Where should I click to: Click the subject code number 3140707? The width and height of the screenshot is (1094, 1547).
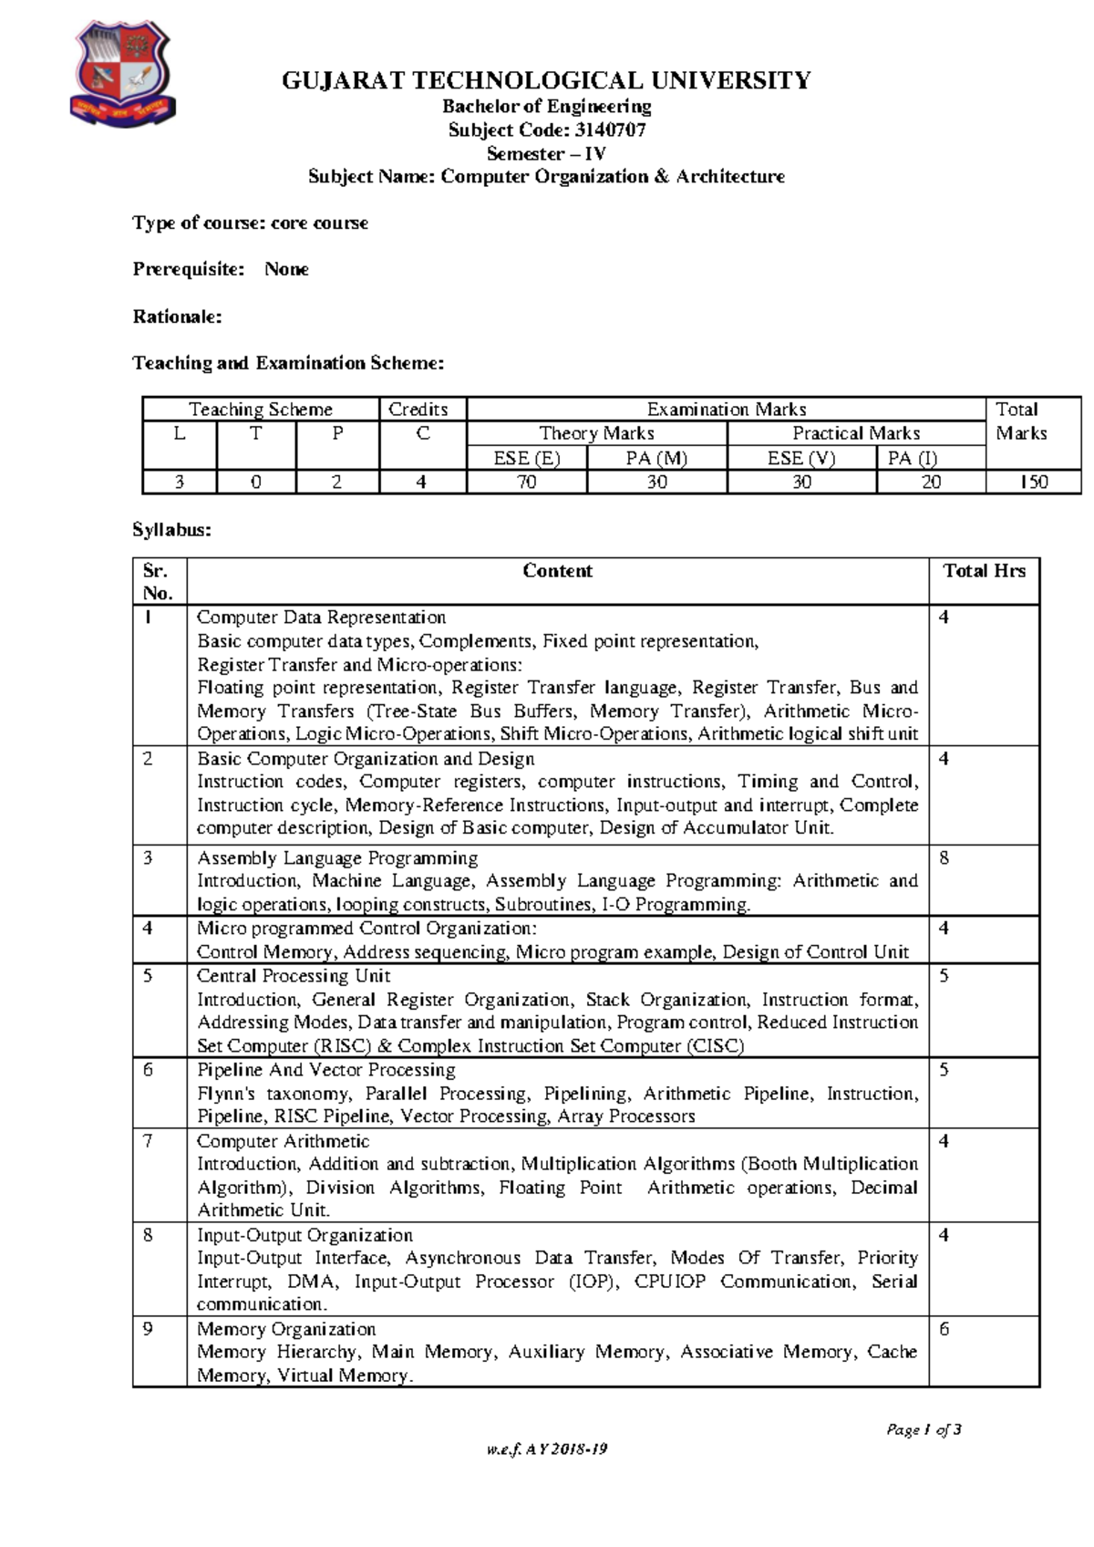(611, 130)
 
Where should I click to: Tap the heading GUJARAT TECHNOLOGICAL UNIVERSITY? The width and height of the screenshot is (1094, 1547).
(546, 81)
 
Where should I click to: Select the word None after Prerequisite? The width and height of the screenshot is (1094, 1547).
(286, 269)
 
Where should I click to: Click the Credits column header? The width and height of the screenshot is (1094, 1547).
(418, 410)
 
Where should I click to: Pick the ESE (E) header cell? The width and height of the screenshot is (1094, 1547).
(526, 458)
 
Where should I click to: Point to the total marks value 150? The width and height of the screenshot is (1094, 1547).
(1034, 482)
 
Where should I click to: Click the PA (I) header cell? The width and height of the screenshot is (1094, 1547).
(913, 458)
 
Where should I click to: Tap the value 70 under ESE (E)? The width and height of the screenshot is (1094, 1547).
(527, 482)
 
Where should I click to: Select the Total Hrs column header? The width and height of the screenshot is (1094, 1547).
(984, 571)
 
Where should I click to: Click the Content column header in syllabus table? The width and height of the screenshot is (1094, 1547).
(557, 571)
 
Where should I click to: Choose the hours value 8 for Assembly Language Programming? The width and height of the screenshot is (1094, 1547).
(944, 858)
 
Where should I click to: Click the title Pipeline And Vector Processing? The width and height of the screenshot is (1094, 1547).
(326, 1069)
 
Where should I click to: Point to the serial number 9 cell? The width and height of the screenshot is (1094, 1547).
(149, 1329)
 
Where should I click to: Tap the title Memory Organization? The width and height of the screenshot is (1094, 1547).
(286, 1329)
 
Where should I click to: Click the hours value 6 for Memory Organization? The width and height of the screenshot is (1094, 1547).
(944, 1329)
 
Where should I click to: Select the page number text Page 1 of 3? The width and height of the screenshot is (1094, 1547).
(924, 1429)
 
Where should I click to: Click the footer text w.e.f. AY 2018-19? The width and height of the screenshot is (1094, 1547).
(547, 1449)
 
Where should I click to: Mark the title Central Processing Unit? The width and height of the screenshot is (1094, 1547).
(294, 975)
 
